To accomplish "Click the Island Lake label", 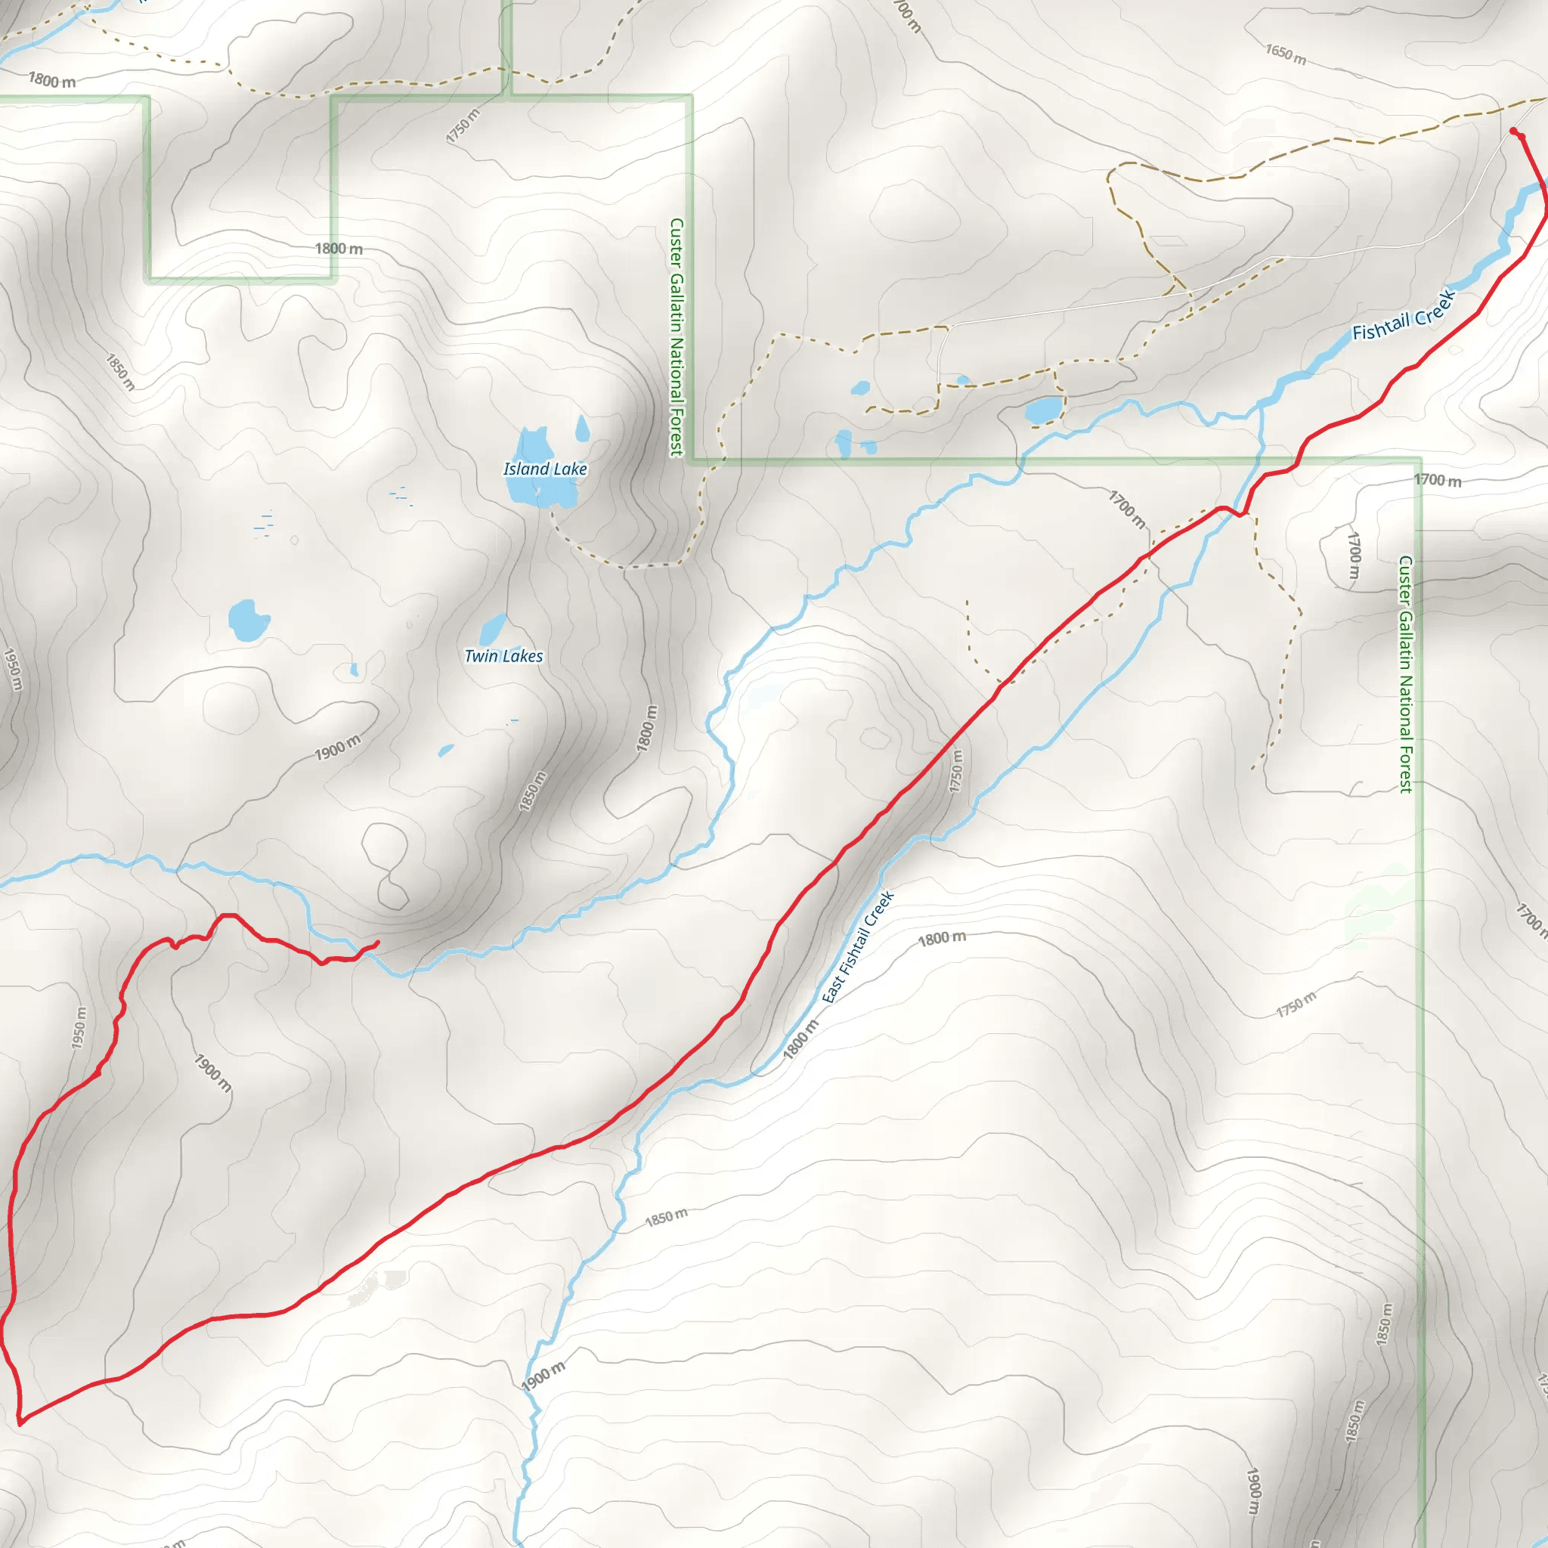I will click(x=545, y=469).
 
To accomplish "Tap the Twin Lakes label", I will click(x=503, y=656).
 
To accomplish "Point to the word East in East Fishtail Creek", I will click(x=833, y=988).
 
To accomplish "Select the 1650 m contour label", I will click(x=1285, y=54).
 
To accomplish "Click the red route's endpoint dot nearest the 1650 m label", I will click(x=1512, y=131).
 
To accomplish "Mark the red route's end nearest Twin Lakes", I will click(x=376, y=943).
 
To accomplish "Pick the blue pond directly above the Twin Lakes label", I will click(x=494, y=627).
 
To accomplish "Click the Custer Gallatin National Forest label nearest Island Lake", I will click(x=677, y=336).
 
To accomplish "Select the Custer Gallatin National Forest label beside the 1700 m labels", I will click(x=1405, y=673).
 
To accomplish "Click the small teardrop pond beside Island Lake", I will click(x=583, y=429).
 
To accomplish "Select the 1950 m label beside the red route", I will click(x=79, y=1028).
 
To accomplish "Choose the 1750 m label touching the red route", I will click(x=956, y=770).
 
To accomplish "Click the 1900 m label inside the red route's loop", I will click(x=213, y=1073).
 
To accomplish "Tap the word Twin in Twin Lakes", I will click(x=481, y=656).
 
